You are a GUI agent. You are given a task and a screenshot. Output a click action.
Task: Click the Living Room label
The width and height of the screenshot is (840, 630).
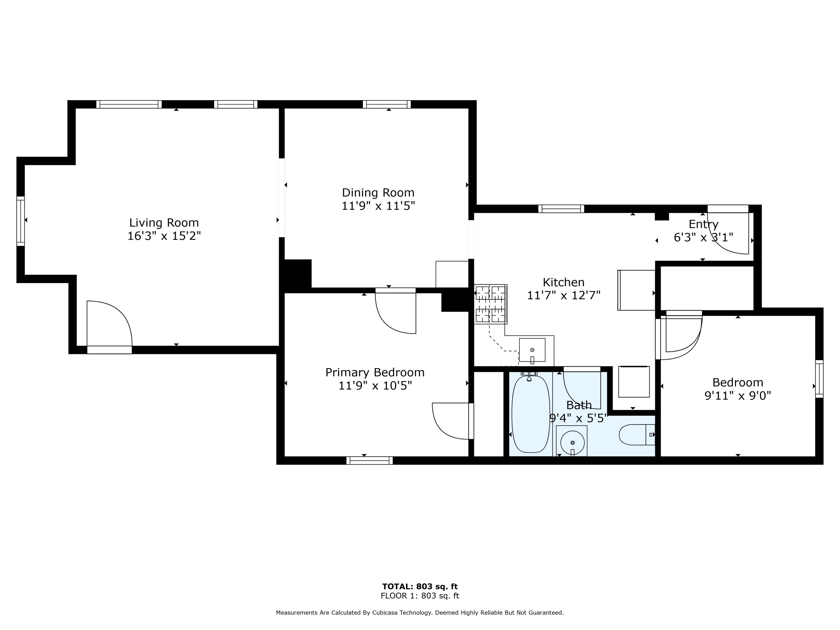click(164, 223)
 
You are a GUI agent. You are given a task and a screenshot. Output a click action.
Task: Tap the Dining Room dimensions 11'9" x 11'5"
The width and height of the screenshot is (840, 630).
click(378, 206)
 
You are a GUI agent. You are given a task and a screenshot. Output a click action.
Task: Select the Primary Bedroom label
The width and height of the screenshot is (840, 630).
click(375, 372)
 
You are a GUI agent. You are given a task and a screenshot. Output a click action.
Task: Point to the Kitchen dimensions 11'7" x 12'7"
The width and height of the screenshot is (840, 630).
click(564, 295)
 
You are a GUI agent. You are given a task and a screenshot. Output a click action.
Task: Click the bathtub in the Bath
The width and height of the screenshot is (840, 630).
click(531, 414)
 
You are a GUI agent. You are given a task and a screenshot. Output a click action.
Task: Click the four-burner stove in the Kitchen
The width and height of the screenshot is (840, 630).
click(491, 304)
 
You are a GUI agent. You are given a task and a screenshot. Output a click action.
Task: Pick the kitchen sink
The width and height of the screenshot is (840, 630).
click(532, 350)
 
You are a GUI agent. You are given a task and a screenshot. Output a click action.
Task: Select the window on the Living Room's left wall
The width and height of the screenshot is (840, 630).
click(20, 221)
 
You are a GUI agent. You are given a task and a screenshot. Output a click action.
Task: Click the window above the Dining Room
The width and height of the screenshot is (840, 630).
click(387, 104)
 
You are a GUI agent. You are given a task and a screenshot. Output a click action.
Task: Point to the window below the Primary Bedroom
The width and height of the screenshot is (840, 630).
click(370, 460)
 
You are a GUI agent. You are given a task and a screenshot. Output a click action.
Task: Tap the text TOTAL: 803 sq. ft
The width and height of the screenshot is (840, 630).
click(420, 587)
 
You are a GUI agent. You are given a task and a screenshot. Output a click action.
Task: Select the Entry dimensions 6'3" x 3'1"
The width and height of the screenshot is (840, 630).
click(703, 237)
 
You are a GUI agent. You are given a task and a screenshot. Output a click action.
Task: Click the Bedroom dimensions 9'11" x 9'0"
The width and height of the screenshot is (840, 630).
click(738, 396)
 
